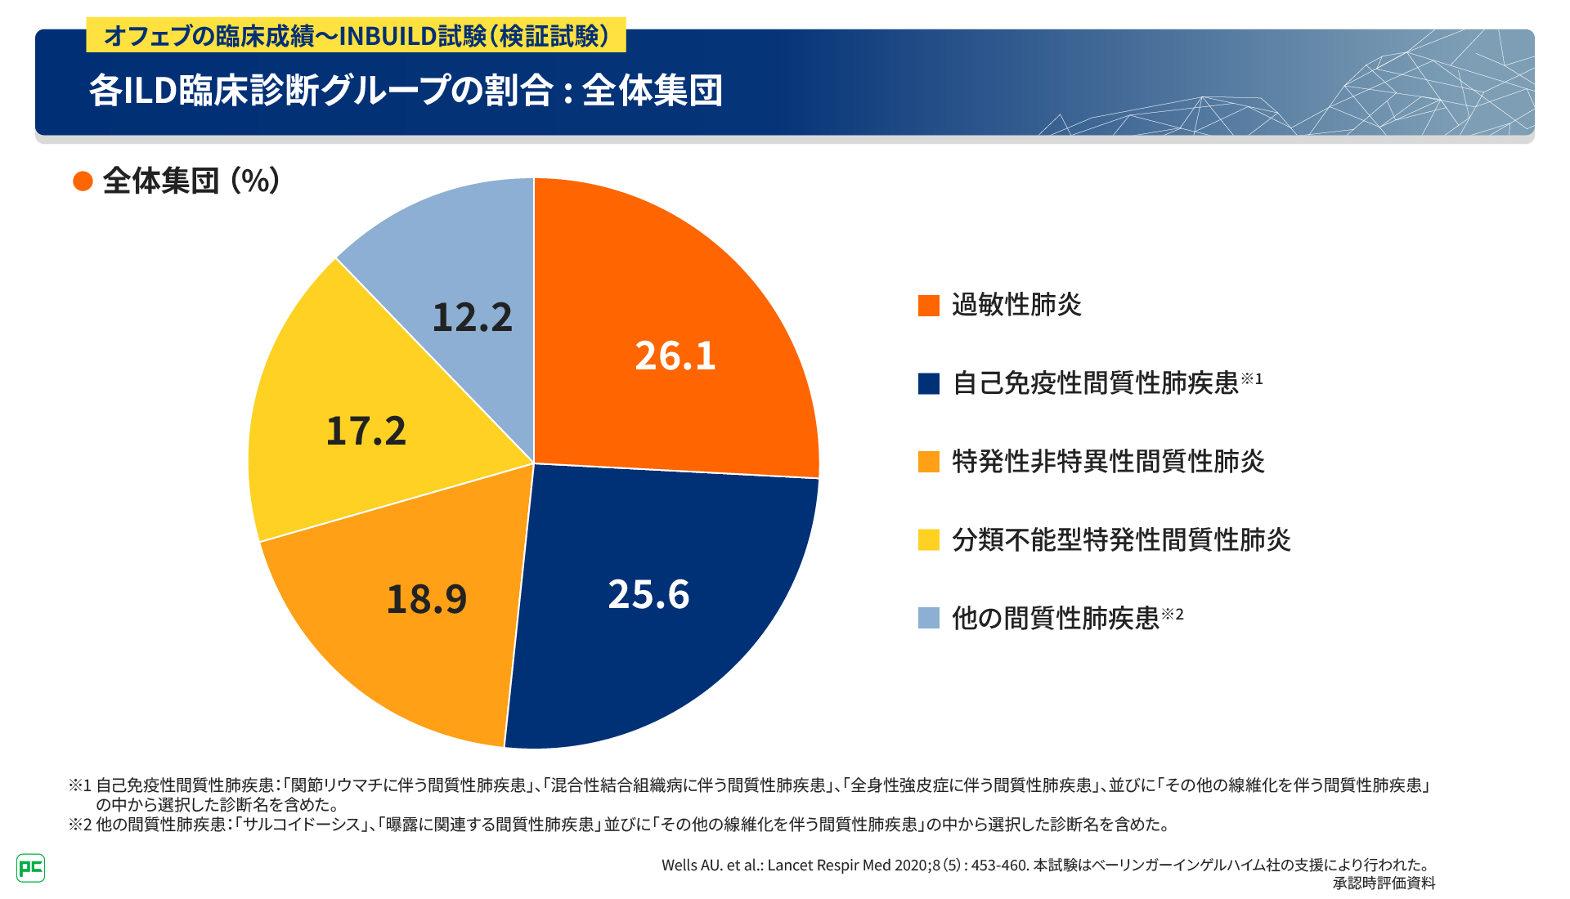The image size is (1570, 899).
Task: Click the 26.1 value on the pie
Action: coord(675,356)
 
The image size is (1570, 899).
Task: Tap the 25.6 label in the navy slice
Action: coord(648,595)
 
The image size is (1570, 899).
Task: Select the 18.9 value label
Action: coord(426,599)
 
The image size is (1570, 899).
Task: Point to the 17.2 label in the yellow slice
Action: coord(366,432)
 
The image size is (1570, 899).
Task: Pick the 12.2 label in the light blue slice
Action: coord(472,318)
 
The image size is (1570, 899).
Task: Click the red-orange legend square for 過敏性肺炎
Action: coord(929,306)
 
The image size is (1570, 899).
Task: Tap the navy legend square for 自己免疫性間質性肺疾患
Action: coord(929,383)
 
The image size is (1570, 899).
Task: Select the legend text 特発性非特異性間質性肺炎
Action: coord(1108,462)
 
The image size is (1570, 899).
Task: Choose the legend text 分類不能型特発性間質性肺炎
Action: coord(1121,540)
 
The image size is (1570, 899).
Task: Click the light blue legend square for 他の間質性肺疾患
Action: coord(929,618)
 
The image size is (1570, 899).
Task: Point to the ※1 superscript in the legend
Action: coord(1252,378)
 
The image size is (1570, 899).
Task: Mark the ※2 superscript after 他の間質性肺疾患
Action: coord(1173,614)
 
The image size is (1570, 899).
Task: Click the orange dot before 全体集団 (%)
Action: coord(83,181)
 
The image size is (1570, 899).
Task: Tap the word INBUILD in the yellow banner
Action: coord(388,37)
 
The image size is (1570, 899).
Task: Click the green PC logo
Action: coord(30,867)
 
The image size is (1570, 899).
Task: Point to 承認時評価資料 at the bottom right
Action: coord(1384,883)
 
